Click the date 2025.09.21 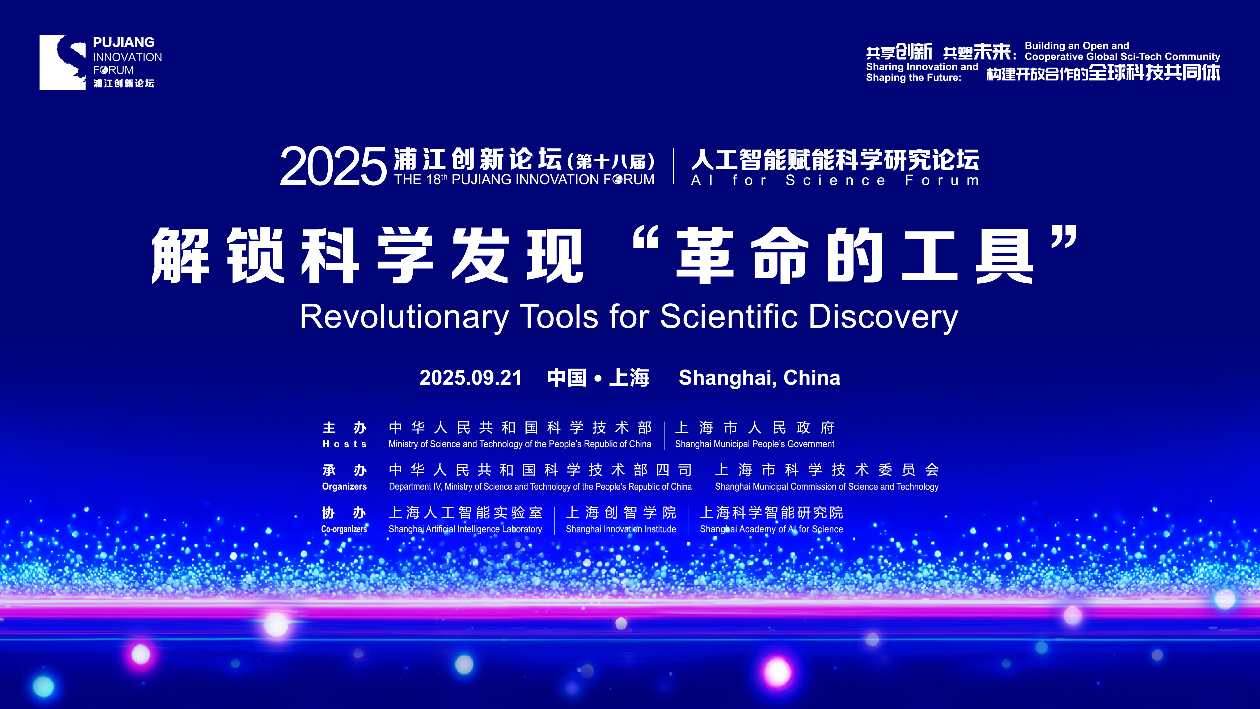(x=471, y=378)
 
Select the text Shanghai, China (x=759, y=378)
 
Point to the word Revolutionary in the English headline (x=404, y=317)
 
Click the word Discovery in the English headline (x=883, y=317)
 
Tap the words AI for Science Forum (x=835, y=181)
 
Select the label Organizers (x=344, y=487)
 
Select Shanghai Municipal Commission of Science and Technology (x=827, y=487)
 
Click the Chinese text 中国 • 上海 (x=598, y=378)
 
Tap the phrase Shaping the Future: (x=913, y=78)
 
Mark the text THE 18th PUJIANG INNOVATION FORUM (x=524, y=179)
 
